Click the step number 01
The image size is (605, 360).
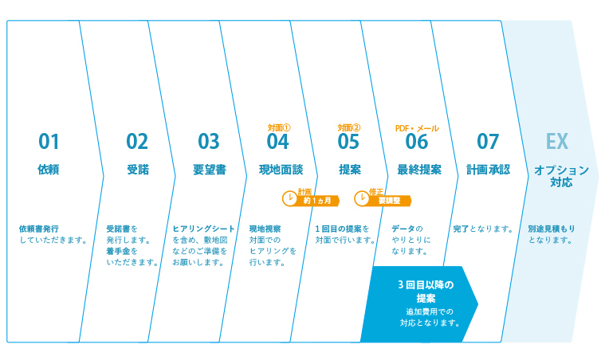pyautogui.click(x=49, y=142)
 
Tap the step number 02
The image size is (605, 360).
pyautogui.click(x=137, y=142)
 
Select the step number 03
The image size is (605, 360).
pyautogui.click(x=208, y=142)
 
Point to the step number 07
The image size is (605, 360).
pyautogui.click(x=488, y=142)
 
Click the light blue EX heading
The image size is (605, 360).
pyautogui.click(x=556, y=142)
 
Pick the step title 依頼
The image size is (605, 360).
pyautogui.click(x=49, y=170)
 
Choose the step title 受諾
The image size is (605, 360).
pyautogui.click(x=138, y=170)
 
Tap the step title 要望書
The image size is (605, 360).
pyautogui.click(x=210, y=170)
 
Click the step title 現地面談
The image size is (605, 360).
pyautogui.click(x=281, y=170)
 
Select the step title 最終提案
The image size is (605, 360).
pyautogui.click(x=419, y=170)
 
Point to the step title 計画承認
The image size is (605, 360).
pyautogui.click(x=489, y=170)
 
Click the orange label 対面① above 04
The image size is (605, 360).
pyautogui.click(x=279, y=127)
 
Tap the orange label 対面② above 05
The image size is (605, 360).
pyautogui.click(x=349, y=127)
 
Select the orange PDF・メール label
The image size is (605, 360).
pyautogui.click(x=417, y=128)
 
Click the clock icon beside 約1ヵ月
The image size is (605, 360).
pyautogui.click(x=289, y=198)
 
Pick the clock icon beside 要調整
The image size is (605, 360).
pyautogui.click(x=362, y=198)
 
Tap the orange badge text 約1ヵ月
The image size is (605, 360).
pyautogui.click(x=317, y=201)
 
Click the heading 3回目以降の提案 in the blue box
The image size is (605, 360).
pyautogui.click(x=426, y=292)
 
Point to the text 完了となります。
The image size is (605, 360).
pyautogui.click(x=483, y=229)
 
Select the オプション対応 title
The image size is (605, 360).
pyautogui.click(x=561, y=176)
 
